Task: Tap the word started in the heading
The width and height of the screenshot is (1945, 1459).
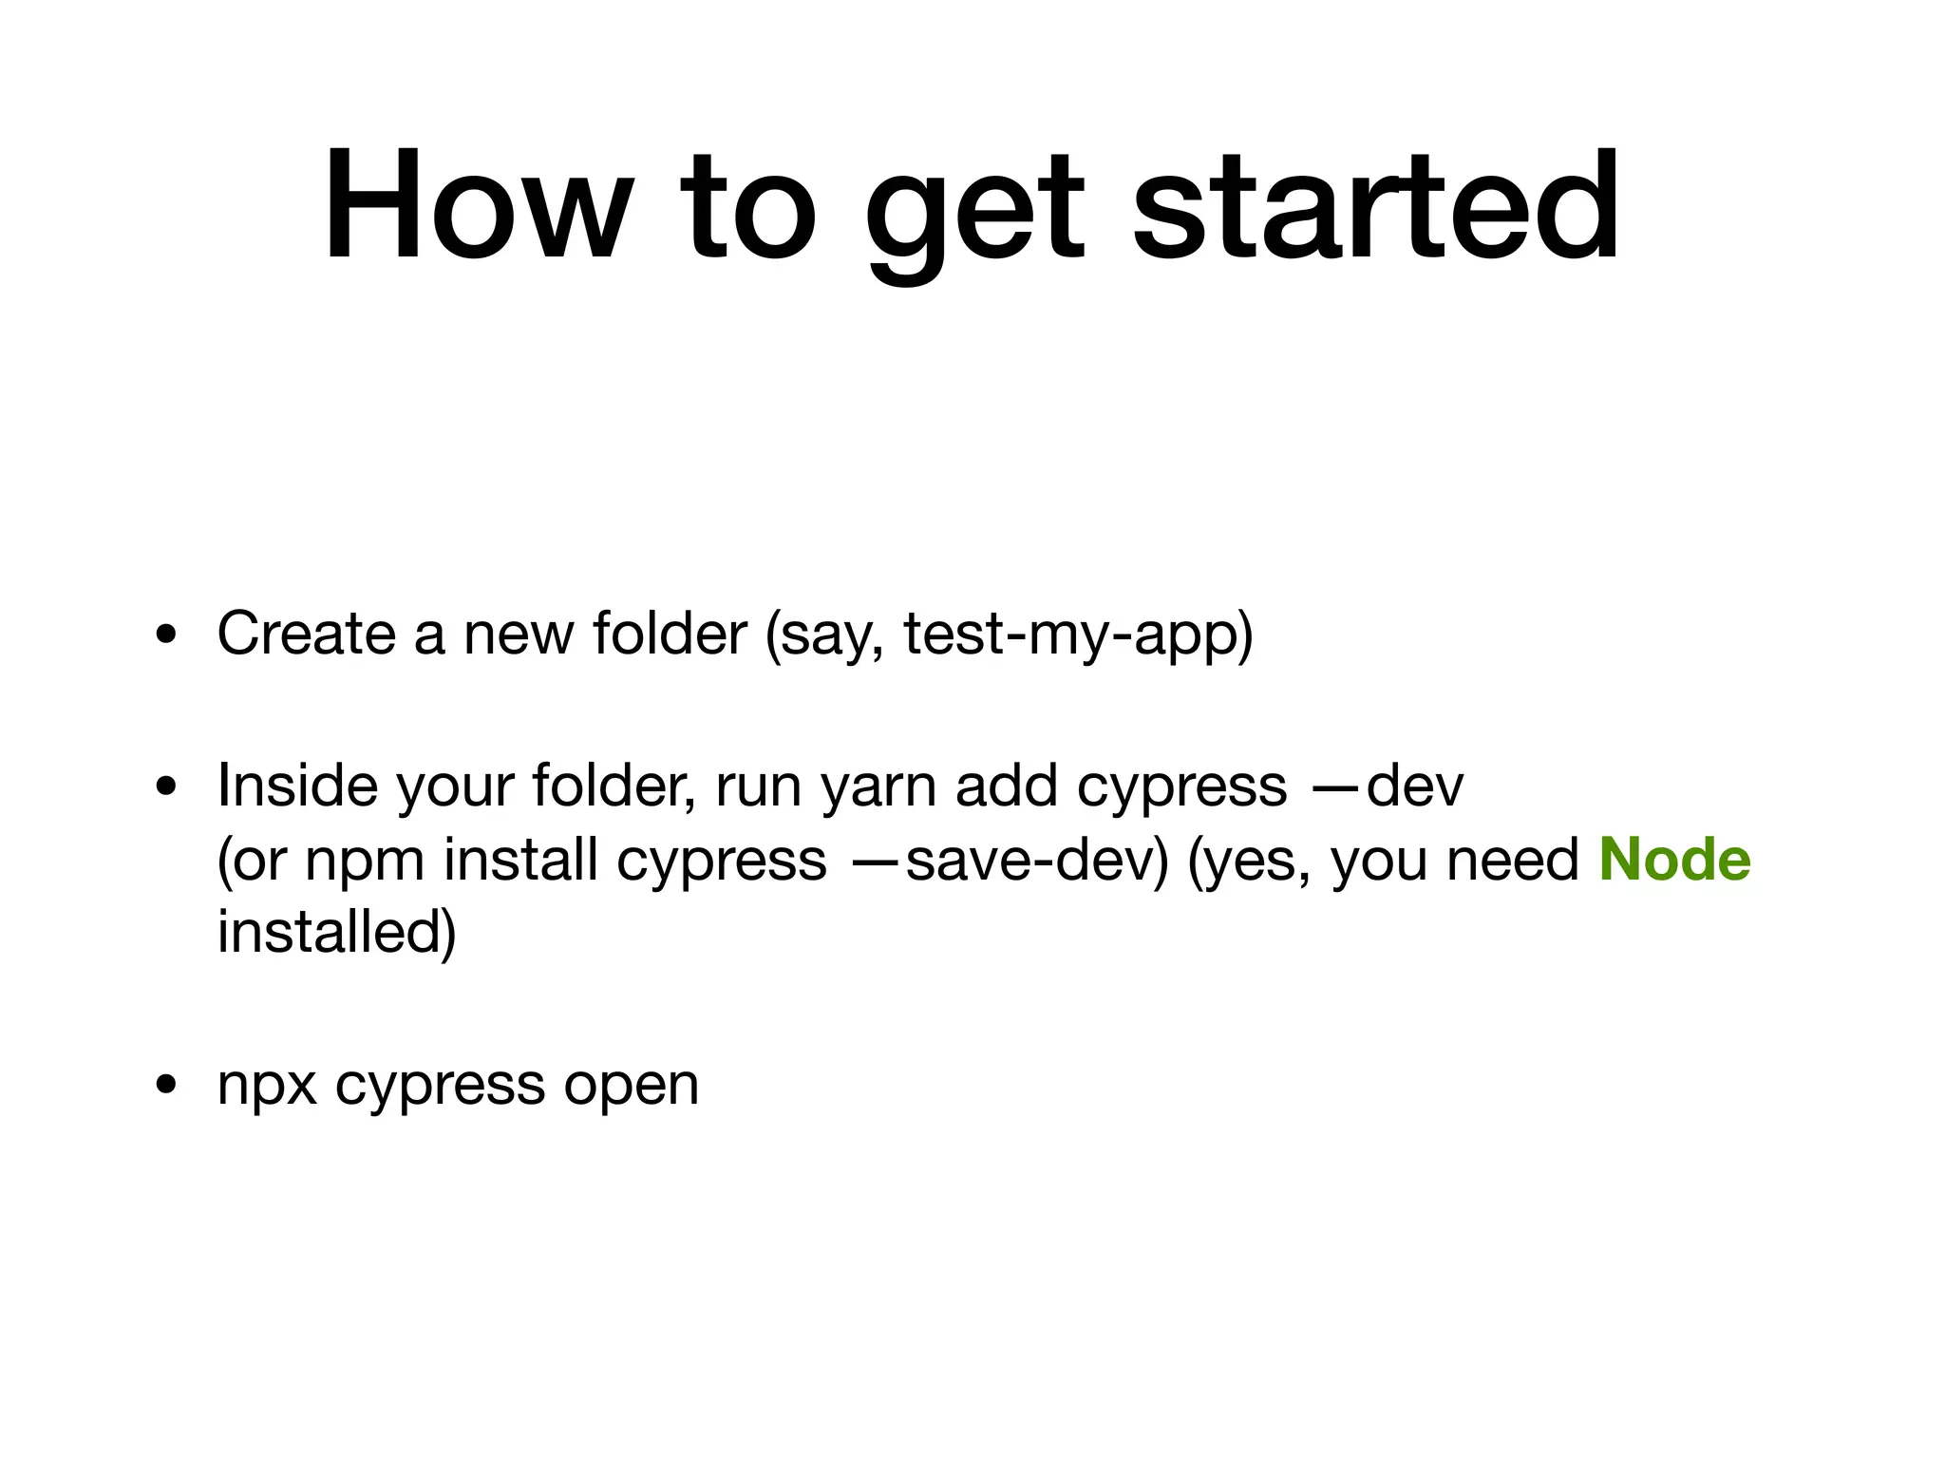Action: pyautogui.click(x=1376, y=205)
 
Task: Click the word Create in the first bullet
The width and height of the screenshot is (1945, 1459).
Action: pyautogui.click(x=306, y=634)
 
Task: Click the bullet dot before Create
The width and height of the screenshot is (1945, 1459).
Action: pyautogui.click(x=167, y=635)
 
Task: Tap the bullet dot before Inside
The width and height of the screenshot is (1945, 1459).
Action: pyautogui.click(x=167, y=786)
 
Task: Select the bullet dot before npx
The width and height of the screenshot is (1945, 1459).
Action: pyautogui.click(x=167, y=1085)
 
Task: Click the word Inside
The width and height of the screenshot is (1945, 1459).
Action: pyautogui.click(x=296, y=786)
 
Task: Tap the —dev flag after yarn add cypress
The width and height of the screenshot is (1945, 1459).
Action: pyautogui.click(x=1388, y=786)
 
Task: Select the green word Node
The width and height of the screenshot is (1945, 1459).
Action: pyautogui.click(x=1674, y=860)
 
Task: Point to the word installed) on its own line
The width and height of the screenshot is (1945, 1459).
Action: pyautogui.click(x=337, y=933)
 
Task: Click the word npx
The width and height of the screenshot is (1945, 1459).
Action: pyautogui.click(x=267, y=1087)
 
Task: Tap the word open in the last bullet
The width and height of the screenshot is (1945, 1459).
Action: pyautogui.click(x=632, y=1087)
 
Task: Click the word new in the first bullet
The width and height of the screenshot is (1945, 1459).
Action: pyautogui.click(x=519, y=635)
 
